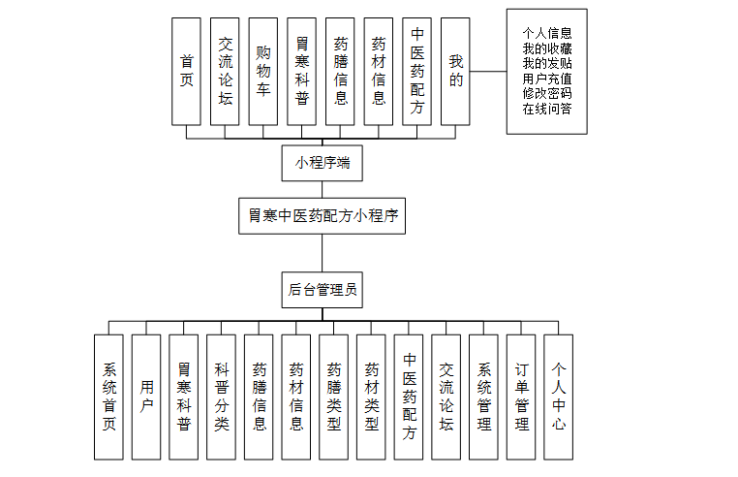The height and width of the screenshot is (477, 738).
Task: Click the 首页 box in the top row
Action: click(186, 71)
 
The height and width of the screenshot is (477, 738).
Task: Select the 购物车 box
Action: click(262, 71)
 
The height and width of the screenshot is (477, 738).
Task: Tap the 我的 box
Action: click(455, 71)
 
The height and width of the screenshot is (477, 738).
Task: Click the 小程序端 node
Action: click(323, 163)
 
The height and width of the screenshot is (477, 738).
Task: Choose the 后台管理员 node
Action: click(323, 289)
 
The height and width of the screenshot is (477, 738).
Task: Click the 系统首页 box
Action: click(108, 397)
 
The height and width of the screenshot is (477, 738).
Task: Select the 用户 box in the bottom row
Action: click(146, 397)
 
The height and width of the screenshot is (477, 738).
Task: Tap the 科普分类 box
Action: click(222, 397)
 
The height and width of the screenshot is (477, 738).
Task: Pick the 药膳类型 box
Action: click(334, 397)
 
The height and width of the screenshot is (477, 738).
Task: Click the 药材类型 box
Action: click(372, 397)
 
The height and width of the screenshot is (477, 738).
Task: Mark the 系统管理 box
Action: click(484, 397)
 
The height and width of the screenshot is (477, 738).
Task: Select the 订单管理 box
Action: click(522, 397)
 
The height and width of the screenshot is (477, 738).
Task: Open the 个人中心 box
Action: click(559, 397)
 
